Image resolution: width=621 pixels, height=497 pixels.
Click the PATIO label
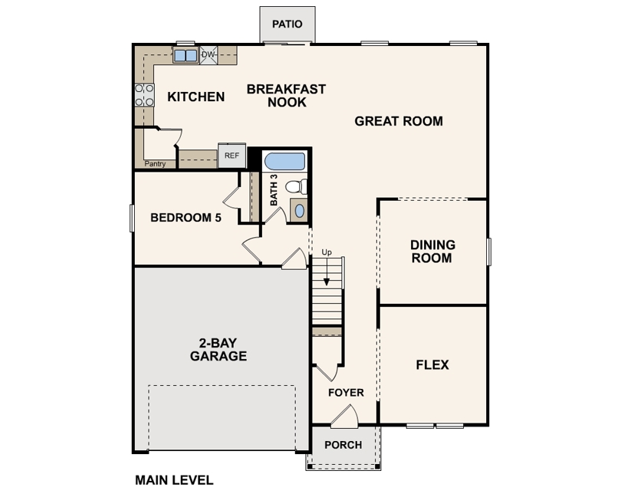coord(287,25)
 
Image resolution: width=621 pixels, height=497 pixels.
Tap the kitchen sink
coord(186,55)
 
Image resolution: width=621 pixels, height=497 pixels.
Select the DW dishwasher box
coord(209,54)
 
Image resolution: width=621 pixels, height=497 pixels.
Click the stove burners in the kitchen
coord(144,95)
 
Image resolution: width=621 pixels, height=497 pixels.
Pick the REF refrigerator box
coord(232,156)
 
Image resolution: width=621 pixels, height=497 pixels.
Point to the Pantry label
coord(155,163)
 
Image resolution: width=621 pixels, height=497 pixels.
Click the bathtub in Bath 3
coord(284,161)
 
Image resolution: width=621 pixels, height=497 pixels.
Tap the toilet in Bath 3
coord(296,186)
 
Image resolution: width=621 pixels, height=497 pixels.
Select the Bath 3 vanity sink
coord(299,210)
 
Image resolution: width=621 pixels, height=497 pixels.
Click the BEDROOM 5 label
coord(186,218)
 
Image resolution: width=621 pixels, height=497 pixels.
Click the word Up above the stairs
coord(327,252)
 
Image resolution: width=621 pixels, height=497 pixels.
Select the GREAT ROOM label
coord(399,121)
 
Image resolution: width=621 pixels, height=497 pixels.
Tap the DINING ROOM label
coord(432,252)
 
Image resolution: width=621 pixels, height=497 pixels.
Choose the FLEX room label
coord(432,364)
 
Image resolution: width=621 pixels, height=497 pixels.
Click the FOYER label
coord(346,393)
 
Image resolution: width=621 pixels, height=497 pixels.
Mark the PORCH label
coord(343,445)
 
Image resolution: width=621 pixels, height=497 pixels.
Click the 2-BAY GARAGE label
coord(219,349)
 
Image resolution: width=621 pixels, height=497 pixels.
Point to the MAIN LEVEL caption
coord(174,480)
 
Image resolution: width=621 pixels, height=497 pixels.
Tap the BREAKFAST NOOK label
coord(286,96)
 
